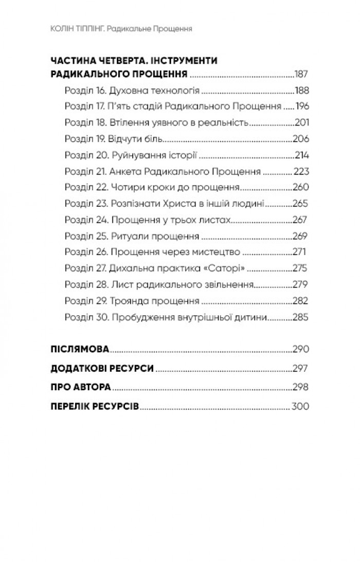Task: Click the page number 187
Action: point(300,74)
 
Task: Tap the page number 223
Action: point(300,172)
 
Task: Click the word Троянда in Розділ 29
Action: point(127,300)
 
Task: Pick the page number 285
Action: point(300,316)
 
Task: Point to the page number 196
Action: point(301,107)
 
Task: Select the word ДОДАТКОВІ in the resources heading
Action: point(78,369)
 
